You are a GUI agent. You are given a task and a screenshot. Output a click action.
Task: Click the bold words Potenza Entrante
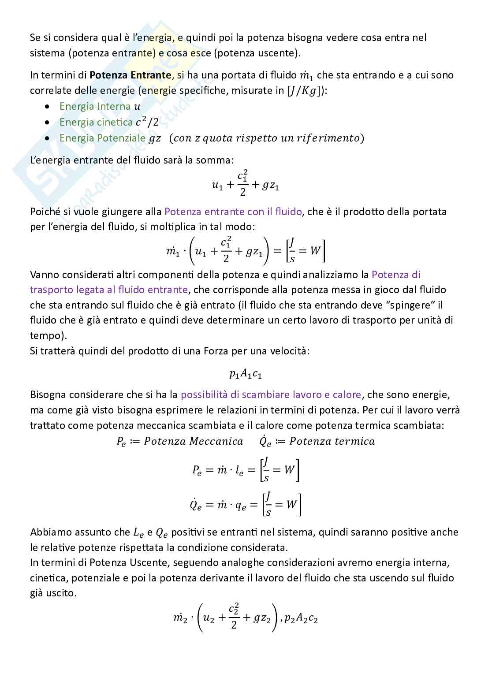pyautogui.click(x=130, y=75)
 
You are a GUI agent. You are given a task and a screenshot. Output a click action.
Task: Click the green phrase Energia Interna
pyautogui.click(x=95, y=106)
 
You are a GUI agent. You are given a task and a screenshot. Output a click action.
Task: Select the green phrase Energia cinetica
pyautogui.click(x=96, y=122)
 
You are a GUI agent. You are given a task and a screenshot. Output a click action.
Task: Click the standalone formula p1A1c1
pyautogui.click(x=246, y=374)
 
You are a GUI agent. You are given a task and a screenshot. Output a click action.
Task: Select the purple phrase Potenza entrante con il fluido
pyautogui.click(x=233, y=212)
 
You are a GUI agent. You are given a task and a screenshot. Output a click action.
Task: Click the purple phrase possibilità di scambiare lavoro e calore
pyautogui.click(x=271, y=395)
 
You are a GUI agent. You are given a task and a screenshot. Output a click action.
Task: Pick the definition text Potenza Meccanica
pyautogui.click(x=193, y=441)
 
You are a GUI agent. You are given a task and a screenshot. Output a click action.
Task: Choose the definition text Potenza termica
pyautogui.click(x=332, y=441)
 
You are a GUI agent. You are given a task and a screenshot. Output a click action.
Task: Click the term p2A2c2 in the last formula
pyautogui.click(x=301, y=618)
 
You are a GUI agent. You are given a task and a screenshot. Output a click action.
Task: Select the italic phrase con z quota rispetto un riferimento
pyautogui.click(x=267, y=138)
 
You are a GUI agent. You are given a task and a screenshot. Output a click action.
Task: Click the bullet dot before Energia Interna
pyautogui.click(x=48, y=107)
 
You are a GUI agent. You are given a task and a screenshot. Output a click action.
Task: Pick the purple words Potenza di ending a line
pyautogui.click(x=396, y=275)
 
